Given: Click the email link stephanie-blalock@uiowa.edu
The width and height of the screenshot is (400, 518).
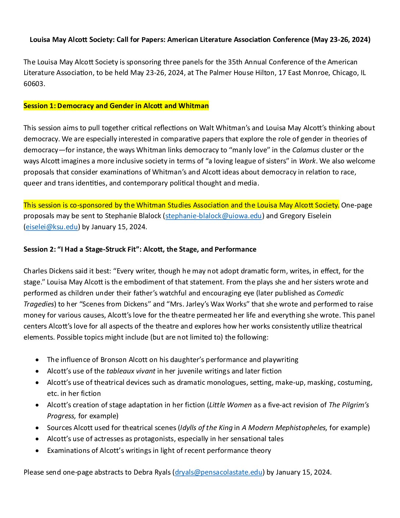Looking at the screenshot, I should pyautogui.click(x=214, y=216).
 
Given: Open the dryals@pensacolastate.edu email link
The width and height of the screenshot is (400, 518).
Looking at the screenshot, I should pyautogui.click(x=219, y=472).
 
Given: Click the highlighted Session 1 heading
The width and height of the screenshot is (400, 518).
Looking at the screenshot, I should pyautogui.click(x=116, y=106).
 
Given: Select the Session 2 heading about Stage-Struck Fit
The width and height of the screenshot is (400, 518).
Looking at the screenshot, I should pyautogui.click(x=140, y=249).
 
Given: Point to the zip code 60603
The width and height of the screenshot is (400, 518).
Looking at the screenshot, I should pyautogui.click(x=34, y=84).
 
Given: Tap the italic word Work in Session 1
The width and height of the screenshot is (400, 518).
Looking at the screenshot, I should pyautogui.click(x=307, y=161).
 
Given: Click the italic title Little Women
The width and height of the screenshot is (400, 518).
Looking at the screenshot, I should pyautogui.click(x=231, y=405).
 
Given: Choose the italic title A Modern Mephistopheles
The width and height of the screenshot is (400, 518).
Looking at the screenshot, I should pyautogui.click(x=284, y=428).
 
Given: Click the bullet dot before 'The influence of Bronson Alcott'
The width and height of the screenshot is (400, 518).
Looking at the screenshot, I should pyautogui.click(x=37, y=360).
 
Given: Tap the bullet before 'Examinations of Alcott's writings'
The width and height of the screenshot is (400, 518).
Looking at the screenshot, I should pyautogui.click(x=37, y=451).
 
